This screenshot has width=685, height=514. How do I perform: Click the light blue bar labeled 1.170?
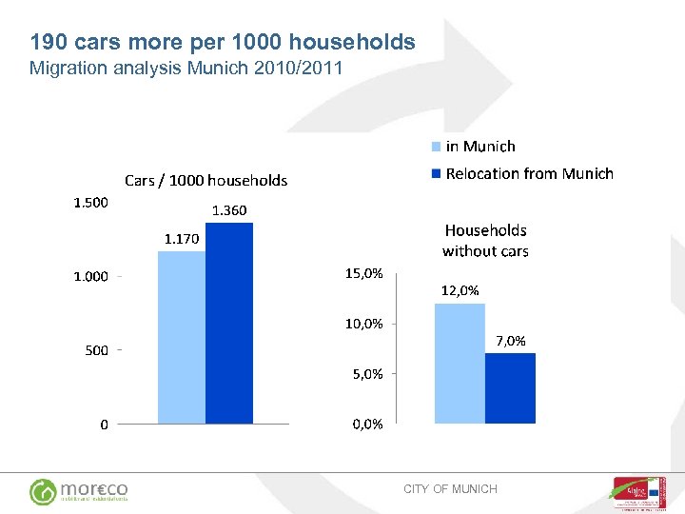coord(182,337)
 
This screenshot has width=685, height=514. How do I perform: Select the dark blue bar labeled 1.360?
coord(229,323)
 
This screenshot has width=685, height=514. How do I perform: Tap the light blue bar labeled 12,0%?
coord(460,363)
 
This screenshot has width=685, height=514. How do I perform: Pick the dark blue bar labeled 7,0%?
coord(510,387)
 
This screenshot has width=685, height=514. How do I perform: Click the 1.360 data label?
coord(228,210)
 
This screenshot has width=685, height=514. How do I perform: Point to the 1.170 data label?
coord(181,239)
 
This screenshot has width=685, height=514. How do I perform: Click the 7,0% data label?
coord(510,341)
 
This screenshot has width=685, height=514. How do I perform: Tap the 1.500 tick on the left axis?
coord(91,202)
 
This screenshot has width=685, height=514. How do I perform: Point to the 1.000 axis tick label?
coord(91,276)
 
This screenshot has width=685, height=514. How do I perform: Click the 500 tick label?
coord(97,350)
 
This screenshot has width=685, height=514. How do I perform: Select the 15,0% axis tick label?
coord(363,273)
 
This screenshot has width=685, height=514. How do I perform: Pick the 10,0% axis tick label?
coord(363,324)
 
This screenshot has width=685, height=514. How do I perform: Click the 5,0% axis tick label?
coord(367,374)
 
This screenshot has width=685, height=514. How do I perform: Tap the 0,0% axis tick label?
coord(367,425)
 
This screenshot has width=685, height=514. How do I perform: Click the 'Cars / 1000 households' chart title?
coord(205,180)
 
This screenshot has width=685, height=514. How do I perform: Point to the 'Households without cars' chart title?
coord(485,241)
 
